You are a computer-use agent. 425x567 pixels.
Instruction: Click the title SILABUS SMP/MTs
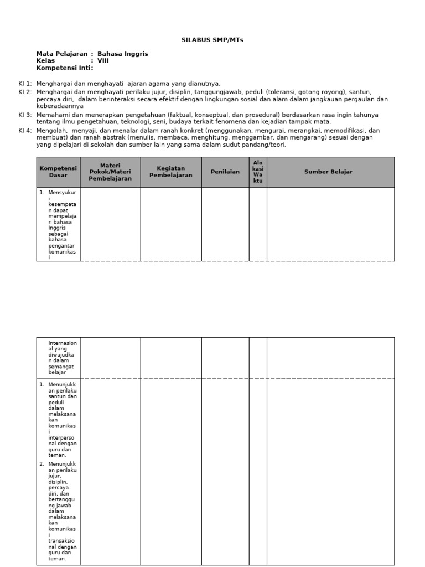click(212, 40)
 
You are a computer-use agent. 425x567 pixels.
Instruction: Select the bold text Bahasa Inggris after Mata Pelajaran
click(123, 54)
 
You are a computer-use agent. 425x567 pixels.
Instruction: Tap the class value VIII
click(103, 61)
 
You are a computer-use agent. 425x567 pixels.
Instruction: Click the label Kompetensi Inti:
click(65, 68)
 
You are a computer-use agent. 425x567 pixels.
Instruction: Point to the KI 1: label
click(25, 84)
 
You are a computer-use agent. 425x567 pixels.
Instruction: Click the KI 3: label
click(25, 115)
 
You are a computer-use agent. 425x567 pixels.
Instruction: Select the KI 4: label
click(25, 131)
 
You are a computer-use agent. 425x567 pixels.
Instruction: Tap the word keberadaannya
click(60, 106)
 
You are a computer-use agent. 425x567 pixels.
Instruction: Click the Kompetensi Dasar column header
click(58, 172)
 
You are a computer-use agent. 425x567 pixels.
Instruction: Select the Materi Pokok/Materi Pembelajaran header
click(110, 172)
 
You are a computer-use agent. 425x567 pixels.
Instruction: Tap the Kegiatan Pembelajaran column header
click(170, 172)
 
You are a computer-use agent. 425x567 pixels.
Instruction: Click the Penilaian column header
click(225, 172)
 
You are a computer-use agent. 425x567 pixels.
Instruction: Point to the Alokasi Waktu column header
click(258, 172)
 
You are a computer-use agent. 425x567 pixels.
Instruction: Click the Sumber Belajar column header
click(330, 172)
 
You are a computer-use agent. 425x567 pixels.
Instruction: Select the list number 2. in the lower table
click(42, 463)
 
